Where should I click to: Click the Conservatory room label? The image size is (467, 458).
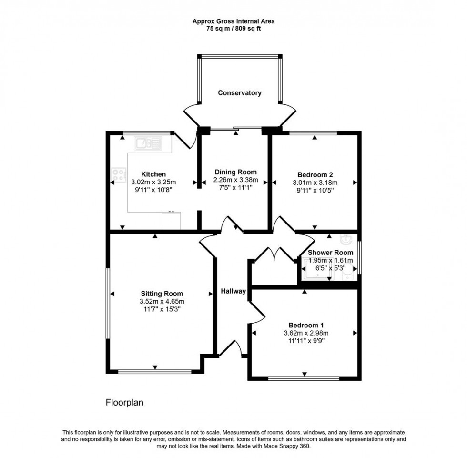(239, 93)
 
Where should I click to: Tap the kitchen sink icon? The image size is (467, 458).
(148, 142)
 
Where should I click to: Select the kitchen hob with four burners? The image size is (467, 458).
(119, 174)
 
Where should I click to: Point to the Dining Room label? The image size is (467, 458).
(235, 172)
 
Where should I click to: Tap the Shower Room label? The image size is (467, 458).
(330, 253)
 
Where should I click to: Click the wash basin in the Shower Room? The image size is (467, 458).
(346, 238)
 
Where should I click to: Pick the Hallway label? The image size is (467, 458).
(233, 291)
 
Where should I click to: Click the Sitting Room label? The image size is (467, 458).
(162, 294)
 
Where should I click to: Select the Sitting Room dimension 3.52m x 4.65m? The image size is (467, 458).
(162, 301)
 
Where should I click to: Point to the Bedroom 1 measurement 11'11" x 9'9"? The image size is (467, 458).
(303, 341)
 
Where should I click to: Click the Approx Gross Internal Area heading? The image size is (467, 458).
(233, 21)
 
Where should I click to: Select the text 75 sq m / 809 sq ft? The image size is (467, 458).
(233, 28)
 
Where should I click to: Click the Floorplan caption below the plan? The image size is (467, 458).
(124, 403)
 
